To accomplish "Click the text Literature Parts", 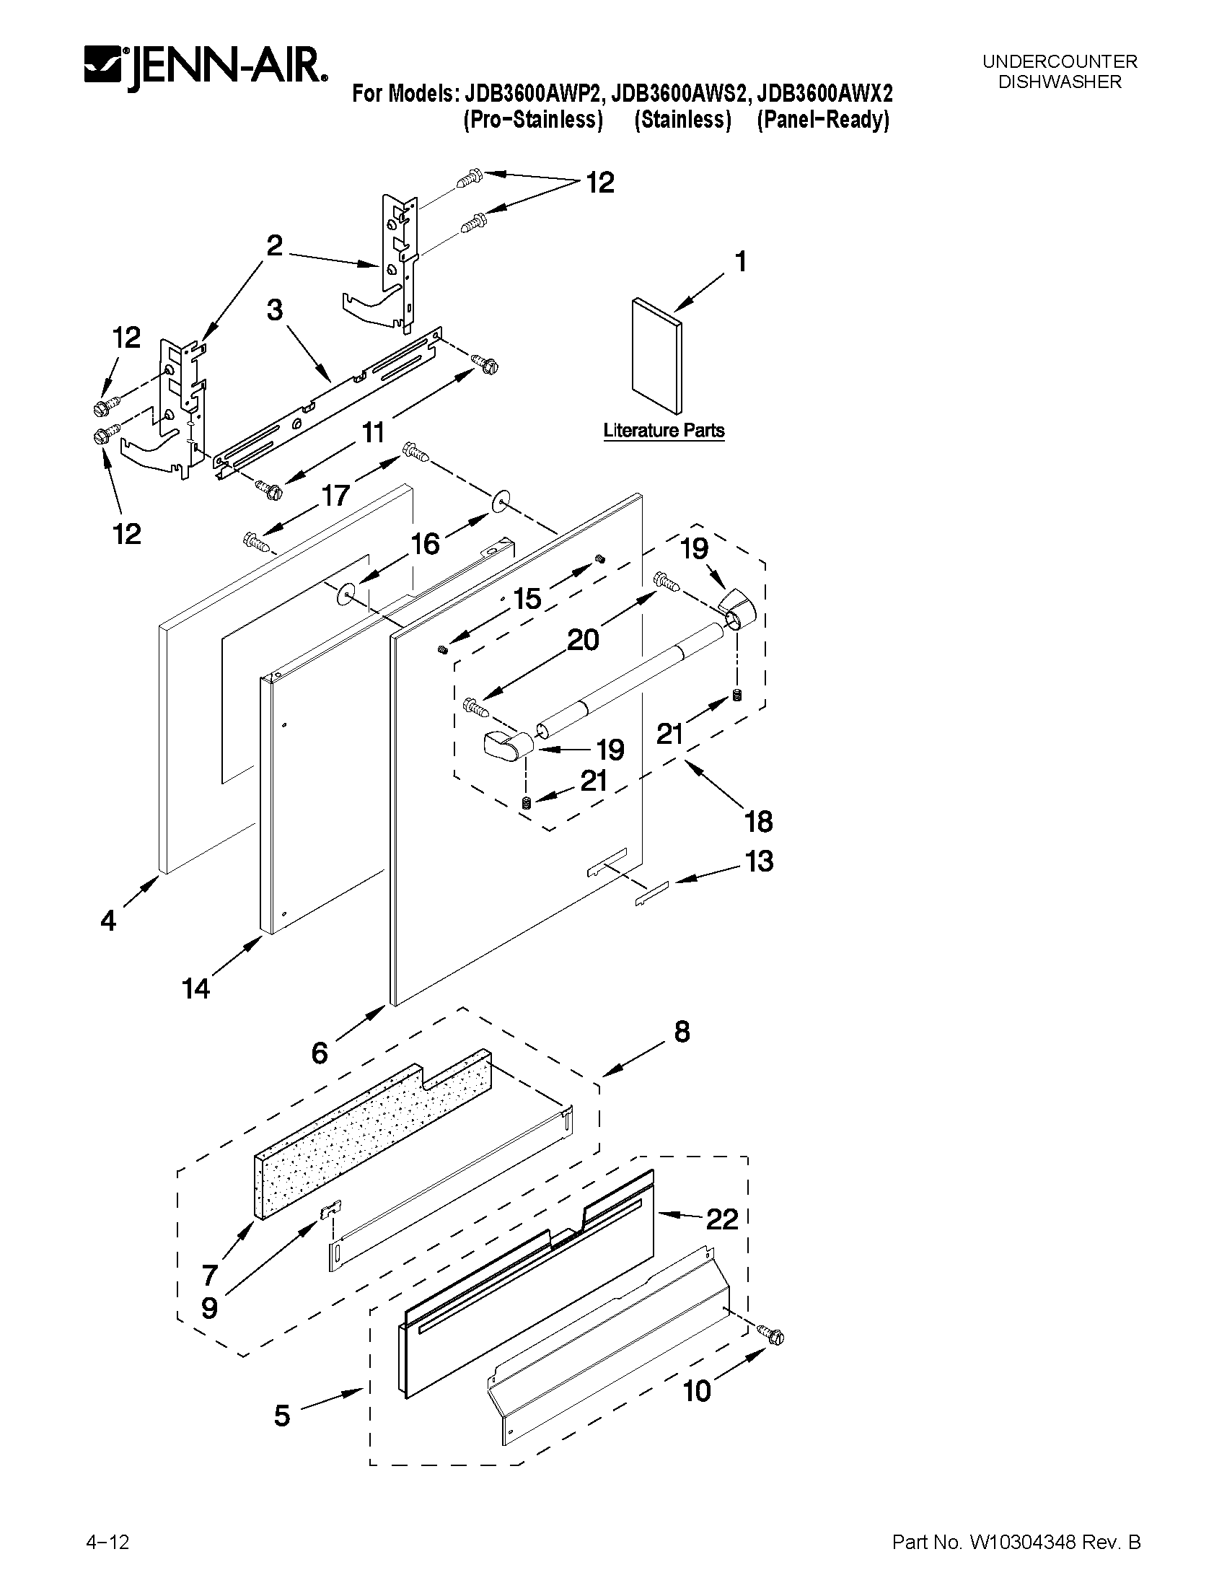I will pos(664,431).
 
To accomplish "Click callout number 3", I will pos(274,310).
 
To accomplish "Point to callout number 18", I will pos(758,822).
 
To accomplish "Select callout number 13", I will pos(759,861).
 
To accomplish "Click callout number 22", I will pos(722,1219).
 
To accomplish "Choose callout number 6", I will pos(320,1053).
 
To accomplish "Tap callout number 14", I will pos(196,988).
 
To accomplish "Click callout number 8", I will pos(682,1032).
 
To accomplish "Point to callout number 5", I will pos(282,1416).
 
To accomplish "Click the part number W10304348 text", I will pos(1016,1536).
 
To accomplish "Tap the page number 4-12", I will pos(107,1536).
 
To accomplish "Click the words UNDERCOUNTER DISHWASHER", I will pos(1059,72).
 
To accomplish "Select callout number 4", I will pos(107,921).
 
